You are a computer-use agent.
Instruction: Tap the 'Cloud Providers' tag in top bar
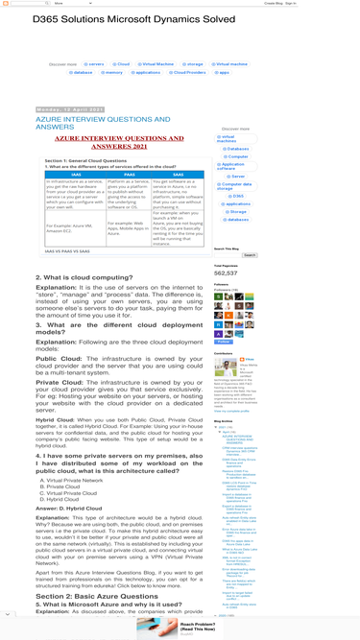click(x=189, y=72)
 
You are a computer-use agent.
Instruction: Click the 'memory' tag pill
click(x=113, y=72)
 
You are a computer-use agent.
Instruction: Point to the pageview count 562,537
click(x=227, y=273)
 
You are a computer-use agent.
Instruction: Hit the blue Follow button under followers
click(x=223, y=342)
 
